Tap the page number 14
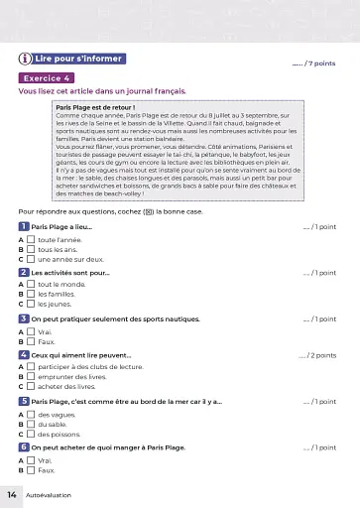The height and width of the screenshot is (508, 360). tap(13, 493)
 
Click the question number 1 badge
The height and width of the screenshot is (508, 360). tap(23, 227)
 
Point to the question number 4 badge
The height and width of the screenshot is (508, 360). tap(23, 354)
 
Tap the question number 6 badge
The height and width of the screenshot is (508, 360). tap(23, 447)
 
